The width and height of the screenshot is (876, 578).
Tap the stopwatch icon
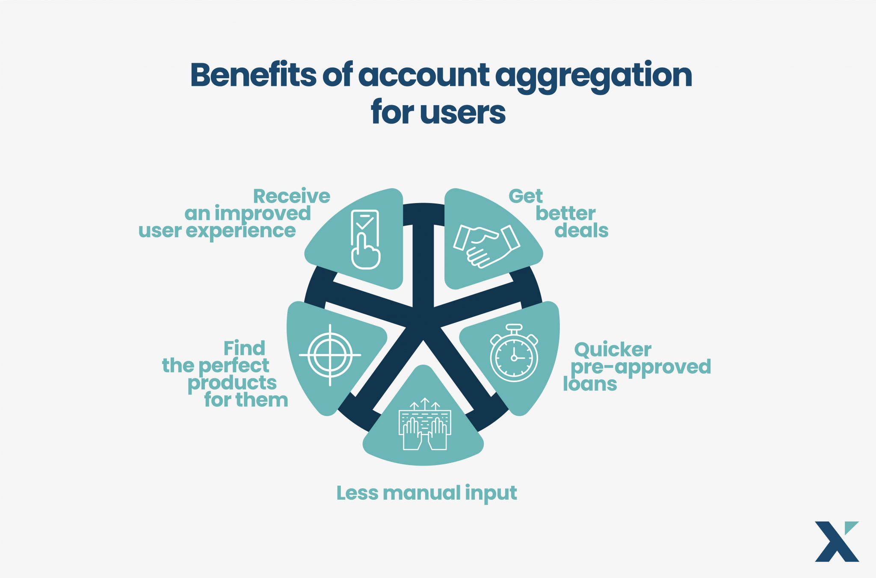pos(514,353)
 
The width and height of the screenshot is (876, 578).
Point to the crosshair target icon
pos(330,355)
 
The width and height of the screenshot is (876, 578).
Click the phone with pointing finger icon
pos(365,239)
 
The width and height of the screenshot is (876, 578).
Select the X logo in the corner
pos(837,541)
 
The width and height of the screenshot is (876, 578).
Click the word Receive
pos(292,196)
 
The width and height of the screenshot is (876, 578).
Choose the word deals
pos(581,230)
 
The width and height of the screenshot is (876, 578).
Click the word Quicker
pos(613,350)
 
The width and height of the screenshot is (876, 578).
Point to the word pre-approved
pos(641,368)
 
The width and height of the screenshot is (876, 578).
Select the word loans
pos(590,384)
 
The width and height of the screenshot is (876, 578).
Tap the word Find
pos(244,348)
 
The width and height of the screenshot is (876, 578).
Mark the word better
pos(565,213)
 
